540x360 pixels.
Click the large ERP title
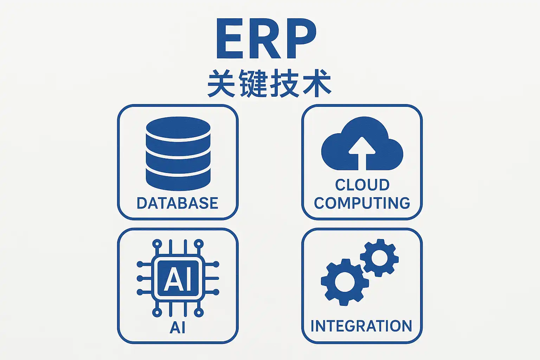[x=266, y=39]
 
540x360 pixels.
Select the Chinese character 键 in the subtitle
[x=253, y=83]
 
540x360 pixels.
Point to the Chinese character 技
[x=285, y=83]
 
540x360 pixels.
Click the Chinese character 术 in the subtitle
[x=317, y=83]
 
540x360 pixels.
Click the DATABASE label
[x=178, y=203]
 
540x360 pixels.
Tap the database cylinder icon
[x=178, y=154]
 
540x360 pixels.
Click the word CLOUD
[x=362, y=185]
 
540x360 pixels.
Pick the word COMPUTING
[x=362, y=203]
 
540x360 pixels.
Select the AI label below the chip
[x=178, y=327]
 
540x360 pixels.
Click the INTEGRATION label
[x=361, y=326]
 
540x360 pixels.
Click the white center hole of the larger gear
[x=345, y=282]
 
